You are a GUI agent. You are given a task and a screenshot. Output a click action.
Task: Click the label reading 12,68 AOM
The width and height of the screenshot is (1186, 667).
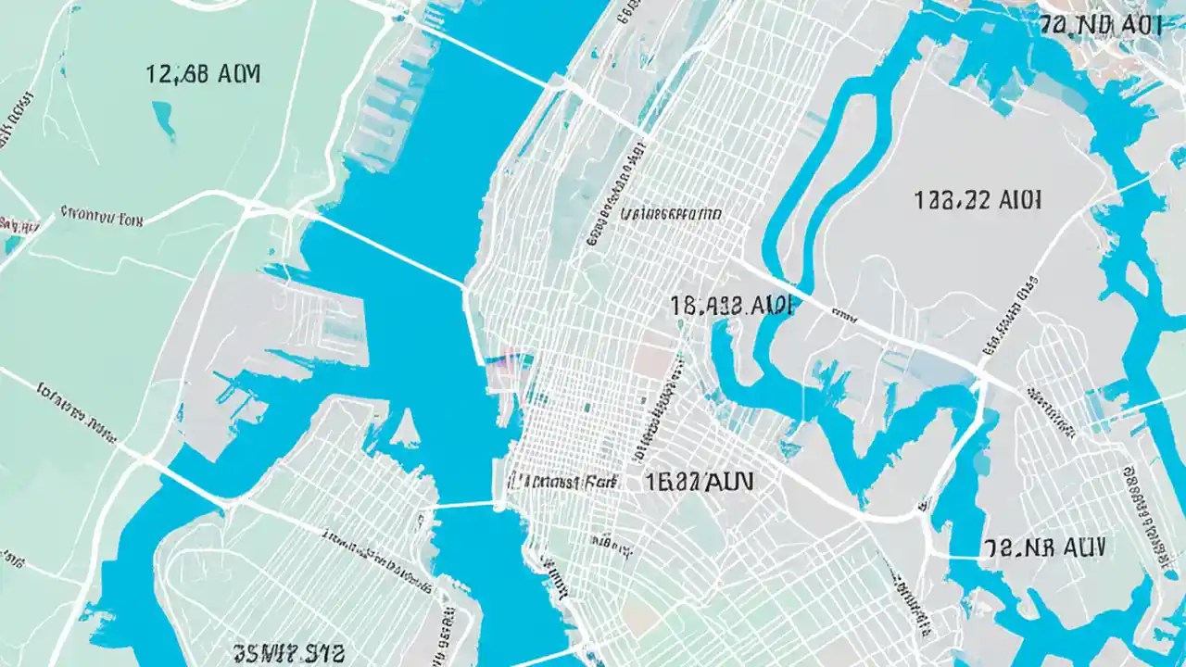[203, 74]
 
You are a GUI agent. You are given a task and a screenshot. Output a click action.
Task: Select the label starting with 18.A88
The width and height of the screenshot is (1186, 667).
[729, 307]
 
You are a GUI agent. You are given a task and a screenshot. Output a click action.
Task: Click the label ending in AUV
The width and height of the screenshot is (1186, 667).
[1044, 547]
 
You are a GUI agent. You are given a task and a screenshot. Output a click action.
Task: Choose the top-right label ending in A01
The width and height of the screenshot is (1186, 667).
[1100, 25]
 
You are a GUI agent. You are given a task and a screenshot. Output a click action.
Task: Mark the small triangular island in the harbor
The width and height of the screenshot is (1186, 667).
[405, 428]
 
